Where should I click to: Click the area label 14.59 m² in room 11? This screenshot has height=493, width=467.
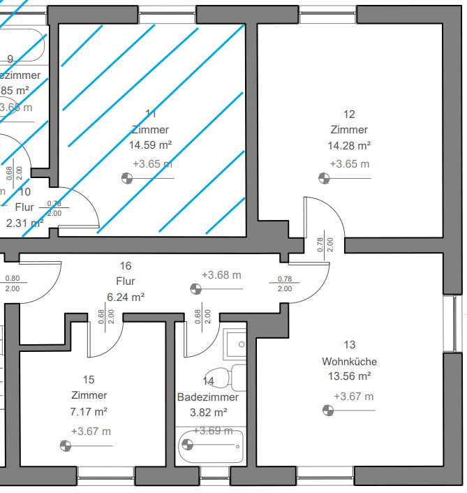point(150,145)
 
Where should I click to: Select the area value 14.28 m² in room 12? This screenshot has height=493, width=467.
point(349,146)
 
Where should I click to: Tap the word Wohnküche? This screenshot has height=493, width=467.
point(350,362)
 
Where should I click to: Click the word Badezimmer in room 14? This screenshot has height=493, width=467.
point(207,397)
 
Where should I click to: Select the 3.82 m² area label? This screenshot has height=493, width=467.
point(207,412)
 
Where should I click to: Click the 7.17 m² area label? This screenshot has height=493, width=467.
point(89,411)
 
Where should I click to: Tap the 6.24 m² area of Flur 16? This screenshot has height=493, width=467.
point(126,297)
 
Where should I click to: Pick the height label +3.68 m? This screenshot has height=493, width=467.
point(221,275)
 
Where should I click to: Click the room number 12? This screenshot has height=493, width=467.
point(350,115)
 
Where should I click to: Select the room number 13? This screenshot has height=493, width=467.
point(350,345)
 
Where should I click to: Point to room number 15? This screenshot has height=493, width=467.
point(89,380)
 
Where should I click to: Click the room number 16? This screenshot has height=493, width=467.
point(126,266)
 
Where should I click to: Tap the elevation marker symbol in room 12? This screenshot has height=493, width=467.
point(324,179)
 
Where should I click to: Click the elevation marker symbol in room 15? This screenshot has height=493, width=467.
point(66,445)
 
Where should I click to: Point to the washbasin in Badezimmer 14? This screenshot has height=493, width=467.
point(237,343)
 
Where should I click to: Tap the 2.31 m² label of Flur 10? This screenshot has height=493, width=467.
point(25,223)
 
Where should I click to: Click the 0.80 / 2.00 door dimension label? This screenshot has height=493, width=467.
point(12,283)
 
